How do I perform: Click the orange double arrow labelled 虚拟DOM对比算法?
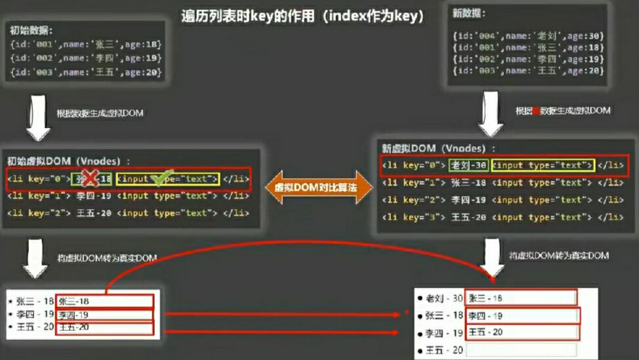click(319, 186)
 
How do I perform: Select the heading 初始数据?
click(31, 30)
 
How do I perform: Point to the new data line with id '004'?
click(527, 36)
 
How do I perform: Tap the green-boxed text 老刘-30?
click(468, 165)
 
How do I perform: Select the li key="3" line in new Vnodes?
click(503, 217)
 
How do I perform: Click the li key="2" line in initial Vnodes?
click(128, 212)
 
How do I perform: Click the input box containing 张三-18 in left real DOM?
click(104, 301)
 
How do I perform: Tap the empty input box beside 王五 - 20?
click(521, 350)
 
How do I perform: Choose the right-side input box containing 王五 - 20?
click(521, 332)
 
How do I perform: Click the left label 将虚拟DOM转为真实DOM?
click(107, 258)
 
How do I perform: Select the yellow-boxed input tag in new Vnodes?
click(543, 165)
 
